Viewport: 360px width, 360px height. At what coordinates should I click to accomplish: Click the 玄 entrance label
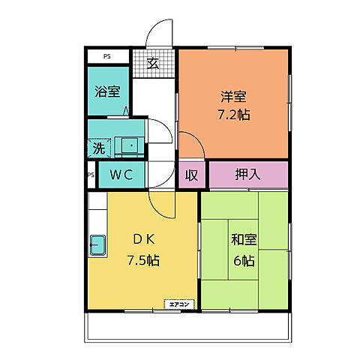pos(154,62)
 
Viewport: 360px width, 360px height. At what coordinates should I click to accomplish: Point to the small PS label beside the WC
pos(90,175)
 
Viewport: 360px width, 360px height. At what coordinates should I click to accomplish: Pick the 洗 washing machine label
pos(98,148)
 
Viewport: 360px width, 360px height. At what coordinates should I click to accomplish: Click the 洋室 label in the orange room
pos(233,97)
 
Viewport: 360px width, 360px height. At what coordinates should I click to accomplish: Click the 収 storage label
pos(191,175)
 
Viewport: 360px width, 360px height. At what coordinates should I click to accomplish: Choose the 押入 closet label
pos(247,175)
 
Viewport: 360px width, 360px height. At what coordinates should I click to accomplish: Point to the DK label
pos(143,240)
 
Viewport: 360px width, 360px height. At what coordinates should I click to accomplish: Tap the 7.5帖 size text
pos(143,260)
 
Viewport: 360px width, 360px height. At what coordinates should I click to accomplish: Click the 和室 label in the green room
pos(243,240)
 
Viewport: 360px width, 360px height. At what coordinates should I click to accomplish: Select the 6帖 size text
pos(243,260)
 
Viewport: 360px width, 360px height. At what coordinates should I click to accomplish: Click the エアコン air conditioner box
pos(180,304)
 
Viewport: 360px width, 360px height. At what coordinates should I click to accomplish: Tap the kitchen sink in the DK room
pos(97,244)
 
